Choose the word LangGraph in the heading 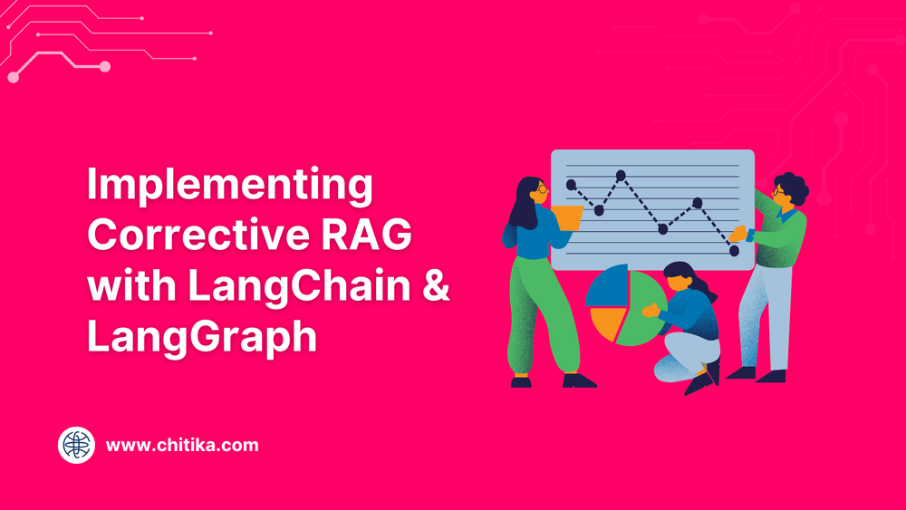[202, 337]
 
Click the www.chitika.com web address [182, 446]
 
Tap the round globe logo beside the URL [76, 446]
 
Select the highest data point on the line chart [621, 175]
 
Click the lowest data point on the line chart [734, 251]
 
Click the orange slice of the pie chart [607, 323]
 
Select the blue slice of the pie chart [610, 286]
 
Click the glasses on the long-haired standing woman [542, 188]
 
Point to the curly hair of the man [792, 187]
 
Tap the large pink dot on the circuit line [104, 66]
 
